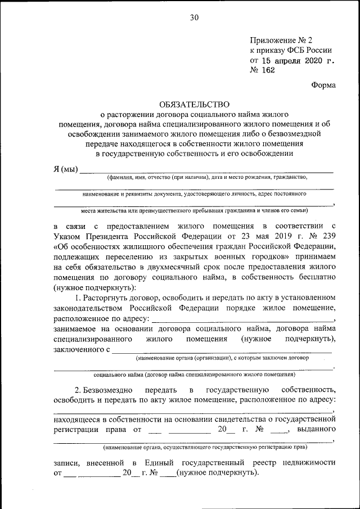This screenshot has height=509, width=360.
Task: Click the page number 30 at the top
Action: (x=194, y=17)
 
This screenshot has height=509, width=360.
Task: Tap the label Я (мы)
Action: (x=66, y=169)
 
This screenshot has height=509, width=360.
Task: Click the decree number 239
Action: (x=327, y=236)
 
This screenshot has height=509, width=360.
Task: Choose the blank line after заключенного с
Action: (x=222, y=352)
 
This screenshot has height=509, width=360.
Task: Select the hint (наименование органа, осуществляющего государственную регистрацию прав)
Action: (x=205, y=448)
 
